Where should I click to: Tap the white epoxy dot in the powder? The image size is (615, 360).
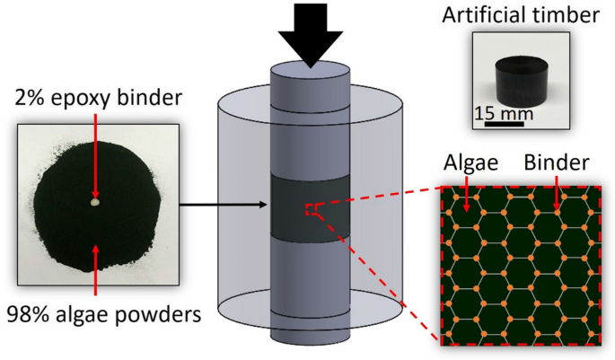pos(94,203)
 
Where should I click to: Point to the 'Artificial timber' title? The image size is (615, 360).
pos(521,16)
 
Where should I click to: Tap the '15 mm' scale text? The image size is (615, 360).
pos(504,114)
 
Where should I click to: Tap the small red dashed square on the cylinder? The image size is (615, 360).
pos(312,209)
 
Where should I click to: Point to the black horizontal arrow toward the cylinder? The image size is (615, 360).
pos(224,206)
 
